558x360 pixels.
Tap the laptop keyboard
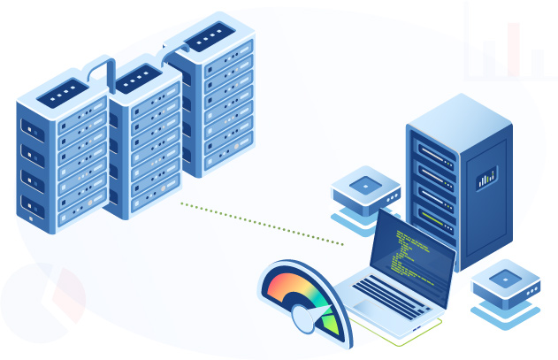pyautogui.click(x=390, y=295)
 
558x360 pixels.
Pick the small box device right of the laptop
pyautogui.click(x=505, y=281)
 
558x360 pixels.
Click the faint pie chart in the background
pyautogui.click(x=44, y=301)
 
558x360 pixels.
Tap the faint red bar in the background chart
pyautogui.click(x=513, y=49)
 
